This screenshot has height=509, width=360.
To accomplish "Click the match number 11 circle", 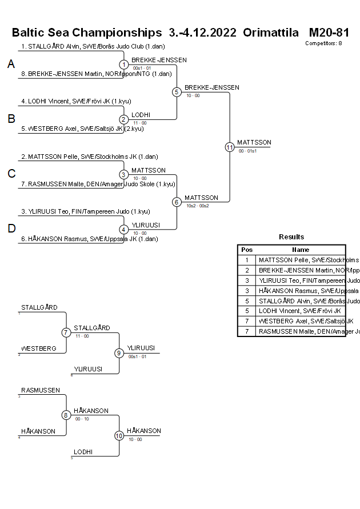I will (230, 147).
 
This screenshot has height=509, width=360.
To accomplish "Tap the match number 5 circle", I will (177, 92).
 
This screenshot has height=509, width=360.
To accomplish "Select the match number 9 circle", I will (119, 353).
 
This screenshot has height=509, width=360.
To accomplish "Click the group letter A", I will (11, 65).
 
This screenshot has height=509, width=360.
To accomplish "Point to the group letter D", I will (11, 229).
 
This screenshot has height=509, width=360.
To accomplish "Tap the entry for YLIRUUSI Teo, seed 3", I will (85, 211).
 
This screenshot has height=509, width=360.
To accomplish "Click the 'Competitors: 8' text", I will (323, 43).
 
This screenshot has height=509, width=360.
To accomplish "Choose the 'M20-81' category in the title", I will (329, 32).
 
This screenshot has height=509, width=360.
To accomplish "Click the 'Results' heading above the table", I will (291, 237).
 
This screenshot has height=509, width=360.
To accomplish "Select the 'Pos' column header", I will (247, 250).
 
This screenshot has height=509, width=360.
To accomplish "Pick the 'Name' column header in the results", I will (301, 250).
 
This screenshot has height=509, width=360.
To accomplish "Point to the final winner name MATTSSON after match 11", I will (254, 142).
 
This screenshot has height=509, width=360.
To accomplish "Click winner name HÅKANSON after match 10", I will (144, 431).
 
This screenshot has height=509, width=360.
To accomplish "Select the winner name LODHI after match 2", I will (141, 115).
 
